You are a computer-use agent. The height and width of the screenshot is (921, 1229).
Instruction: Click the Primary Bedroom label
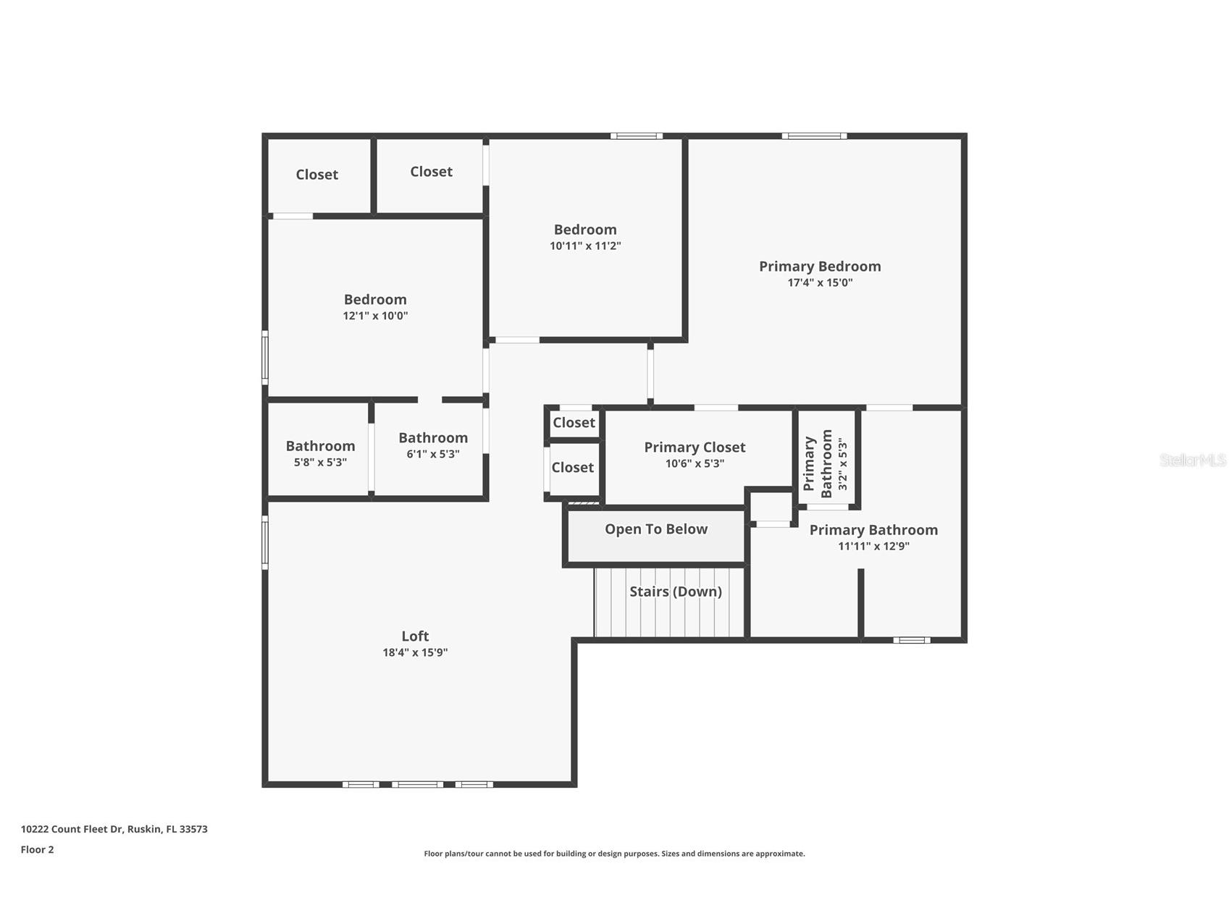(x=820, y=266)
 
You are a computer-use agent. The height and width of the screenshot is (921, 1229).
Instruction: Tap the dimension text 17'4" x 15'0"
(x=820, y=283)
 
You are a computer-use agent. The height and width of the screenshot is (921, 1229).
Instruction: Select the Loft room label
(x=415, y=636)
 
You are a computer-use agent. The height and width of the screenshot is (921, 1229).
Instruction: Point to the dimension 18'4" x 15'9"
(x=415, y=652)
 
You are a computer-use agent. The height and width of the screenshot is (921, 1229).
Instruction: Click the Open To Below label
(x=656, y=529)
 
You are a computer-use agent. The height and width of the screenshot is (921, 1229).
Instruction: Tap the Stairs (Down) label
(x=676, y=592)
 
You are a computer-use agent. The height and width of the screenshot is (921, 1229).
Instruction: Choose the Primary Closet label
(x=695, y=447)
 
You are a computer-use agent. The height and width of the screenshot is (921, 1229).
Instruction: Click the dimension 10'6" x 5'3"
(x=695, y=463)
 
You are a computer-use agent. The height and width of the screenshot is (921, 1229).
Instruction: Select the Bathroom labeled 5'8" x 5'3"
(x=320, y=446)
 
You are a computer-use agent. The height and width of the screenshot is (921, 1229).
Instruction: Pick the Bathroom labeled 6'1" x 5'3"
(x=433, y=438)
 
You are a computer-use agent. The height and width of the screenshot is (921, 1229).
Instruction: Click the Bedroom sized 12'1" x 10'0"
(x=375, y=300)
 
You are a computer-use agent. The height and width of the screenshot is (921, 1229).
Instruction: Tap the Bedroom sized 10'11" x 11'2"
(x=585, y=230)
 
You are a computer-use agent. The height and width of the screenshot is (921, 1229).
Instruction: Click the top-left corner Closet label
(x=316, y=174)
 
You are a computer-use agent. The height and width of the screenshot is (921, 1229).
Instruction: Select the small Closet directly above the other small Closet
(x=574, y=423)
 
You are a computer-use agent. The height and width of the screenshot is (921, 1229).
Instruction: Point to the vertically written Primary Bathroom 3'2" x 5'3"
(x=826, y=464)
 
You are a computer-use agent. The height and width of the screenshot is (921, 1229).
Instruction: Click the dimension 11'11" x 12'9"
(x=873, y=547)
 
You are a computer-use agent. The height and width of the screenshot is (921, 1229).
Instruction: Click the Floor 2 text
(x=37, y=850)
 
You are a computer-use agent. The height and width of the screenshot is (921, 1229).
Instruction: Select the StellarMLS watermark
(x=1192, y=460)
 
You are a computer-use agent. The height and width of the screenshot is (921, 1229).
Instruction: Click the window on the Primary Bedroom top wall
(x=814, y=136)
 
